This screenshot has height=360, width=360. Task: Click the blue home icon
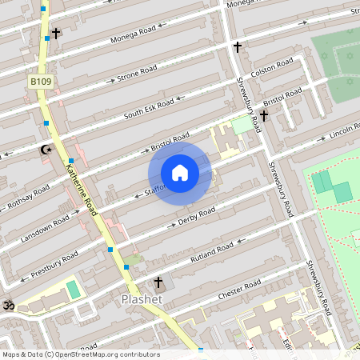click(x=180, y=172)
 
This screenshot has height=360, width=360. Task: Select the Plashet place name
click(x=142, y=299)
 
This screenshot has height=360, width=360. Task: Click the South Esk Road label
click(x=149, y=110)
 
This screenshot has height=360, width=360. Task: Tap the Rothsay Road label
click(x=28, y=197)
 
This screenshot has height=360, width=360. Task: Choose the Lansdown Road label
click(x=50, y=223)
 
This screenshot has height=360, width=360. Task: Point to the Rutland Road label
click(x=212, y=252)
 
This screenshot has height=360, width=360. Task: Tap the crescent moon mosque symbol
click(x=46, y=149)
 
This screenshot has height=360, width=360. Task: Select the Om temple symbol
click(x=10, y=305)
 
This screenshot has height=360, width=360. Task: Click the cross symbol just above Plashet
click(x=158, y=282)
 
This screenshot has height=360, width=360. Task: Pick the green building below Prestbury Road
click(x=73, y=289)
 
